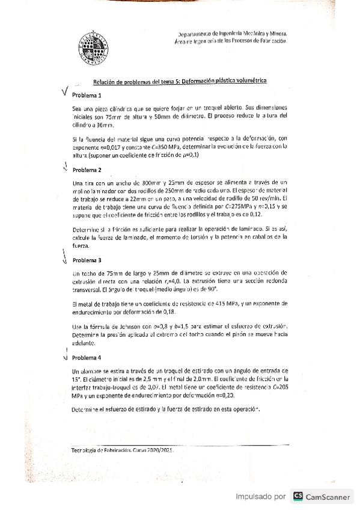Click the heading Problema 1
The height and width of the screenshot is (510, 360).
(87, 96)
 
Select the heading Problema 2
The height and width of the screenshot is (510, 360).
(87, 170)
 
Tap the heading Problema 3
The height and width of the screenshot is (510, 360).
(87, 261)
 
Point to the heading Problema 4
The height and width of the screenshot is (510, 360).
(87, 357)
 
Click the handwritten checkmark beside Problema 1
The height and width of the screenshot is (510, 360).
(65, 93)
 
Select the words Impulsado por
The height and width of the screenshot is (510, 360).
(260, 497)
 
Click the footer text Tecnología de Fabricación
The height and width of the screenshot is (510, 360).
(100, 450)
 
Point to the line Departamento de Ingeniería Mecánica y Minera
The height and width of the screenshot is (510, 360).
(233, 34)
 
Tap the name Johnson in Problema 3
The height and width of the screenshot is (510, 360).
(126, 326)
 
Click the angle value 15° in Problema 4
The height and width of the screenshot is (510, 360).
(76, 381)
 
